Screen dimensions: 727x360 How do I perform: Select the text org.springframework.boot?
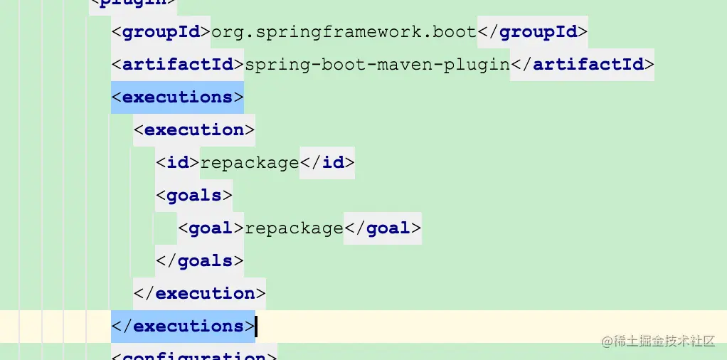pos(344,32)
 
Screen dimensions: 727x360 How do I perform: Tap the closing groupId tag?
pos(532,32)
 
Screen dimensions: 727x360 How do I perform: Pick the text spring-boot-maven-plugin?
pos(377,65)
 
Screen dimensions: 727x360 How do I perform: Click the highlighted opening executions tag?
pos(177,97)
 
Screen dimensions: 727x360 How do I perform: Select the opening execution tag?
pos(194,129)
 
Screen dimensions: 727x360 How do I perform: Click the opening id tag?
pos(178,162)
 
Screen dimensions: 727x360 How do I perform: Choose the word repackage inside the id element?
pos(250,162)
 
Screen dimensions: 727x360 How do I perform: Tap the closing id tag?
pos(327,162)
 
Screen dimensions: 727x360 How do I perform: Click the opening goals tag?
pos(194,195)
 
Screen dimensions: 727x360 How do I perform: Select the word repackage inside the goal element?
pos(294,228)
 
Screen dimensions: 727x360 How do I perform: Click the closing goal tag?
pos(383,228)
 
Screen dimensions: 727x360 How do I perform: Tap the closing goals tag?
pos(200,260)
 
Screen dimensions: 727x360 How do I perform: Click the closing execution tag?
pos(200,293)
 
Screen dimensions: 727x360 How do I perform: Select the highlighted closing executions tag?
pos(183,326)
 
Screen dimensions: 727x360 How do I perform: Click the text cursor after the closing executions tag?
pos(256,326)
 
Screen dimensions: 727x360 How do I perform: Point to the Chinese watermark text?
pos(657,341)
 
